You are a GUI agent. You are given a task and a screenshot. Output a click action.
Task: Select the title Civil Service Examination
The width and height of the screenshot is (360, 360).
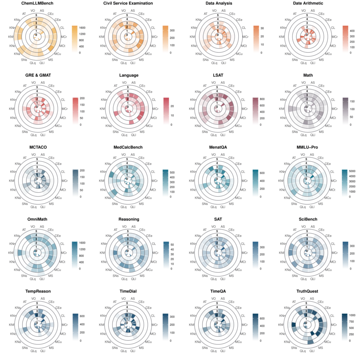pyautogui.click(x=128, y=3)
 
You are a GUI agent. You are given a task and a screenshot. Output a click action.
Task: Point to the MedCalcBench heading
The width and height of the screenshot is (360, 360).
pyautogui.click(x=128, y=147)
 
